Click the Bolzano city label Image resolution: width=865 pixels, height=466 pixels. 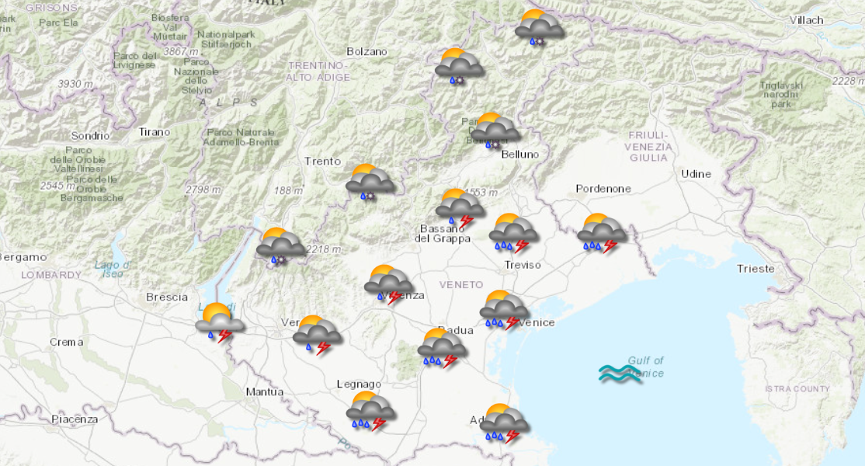(x=366, y=51)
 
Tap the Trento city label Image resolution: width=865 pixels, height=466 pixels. (x=322, y=162)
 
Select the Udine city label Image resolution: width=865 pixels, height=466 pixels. (x=696, y=173)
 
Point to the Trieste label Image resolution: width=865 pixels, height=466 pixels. (x=756, y=269)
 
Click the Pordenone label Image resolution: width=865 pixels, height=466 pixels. (x=603, y=189)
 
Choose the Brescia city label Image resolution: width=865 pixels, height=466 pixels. (x=167, y=297)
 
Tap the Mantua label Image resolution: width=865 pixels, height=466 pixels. (x=264, y=391)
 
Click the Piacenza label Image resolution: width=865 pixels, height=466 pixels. (x=75, y=419)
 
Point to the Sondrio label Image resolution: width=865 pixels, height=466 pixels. (x=90, y=135)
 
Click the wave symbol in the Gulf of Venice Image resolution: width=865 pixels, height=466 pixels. (x=620, y=374)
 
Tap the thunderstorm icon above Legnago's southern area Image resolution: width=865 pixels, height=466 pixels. (x=370, y=411)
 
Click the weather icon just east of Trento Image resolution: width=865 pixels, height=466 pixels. (x=370, y=183)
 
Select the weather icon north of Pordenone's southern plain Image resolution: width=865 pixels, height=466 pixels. (x=602, y=233)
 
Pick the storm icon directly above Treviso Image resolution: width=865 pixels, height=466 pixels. (x=513, y=234)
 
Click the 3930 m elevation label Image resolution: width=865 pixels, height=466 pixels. (x=75, y=84)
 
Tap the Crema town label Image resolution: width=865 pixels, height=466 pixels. (x=66, y=342)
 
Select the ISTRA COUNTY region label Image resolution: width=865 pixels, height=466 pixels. (x=797, y=388)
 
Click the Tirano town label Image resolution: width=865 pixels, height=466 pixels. (x=154, y=132)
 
